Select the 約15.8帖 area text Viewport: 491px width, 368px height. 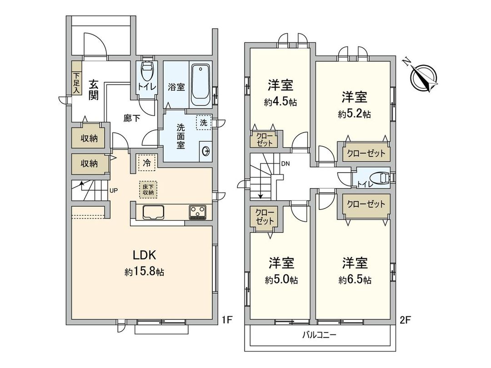point(145,273)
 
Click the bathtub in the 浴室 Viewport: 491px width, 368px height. point(200,85)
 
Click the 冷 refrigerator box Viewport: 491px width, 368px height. point(146,162)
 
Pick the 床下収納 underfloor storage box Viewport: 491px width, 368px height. point(146,189)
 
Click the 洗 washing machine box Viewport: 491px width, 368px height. point(203,123)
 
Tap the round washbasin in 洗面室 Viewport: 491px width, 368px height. point(205,151)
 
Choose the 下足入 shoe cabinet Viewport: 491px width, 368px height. point(76,83)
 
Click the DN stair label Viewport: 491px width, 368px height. point(286,164)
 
